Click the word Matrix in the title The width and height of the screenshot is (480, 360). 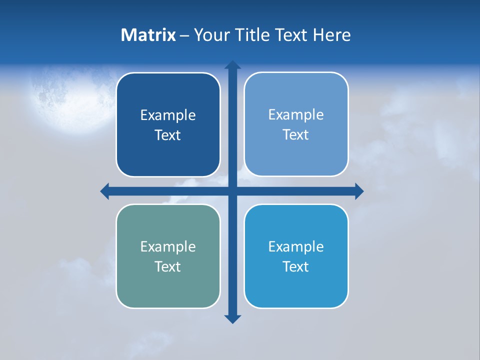pyautogui.click(x=148, y=35)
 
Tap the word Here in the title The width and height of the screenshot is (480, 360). pyautogui.click(x=332, y=35)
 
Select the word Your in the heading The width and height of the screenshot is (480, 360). pyautogui.click(x=210, y=35)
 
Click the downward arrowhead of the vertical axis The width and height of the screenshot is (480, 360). pyautogui.click(x=232, y=318)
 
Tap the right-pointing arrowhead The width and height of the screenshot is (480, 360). pyautogui.click(x=358, y=191)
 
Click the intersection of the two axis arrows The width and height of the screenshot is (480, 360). pyautogui.click(x=232, y=191)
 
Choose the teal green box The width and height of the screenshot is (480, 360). pyautogui.click(x=168, y=285)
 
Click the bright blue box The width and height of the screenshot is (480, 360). pyautogui.click(x=296, y=285)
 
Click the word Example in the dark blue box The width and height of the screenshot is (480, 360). pyautogui.click(x=168, y=115)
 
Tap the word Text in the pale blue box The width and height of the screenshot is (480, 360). pyautogui.click(x=296, y=135)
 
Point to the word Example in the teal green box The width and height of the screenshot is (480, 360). pyautogui.click(x=168, y=247)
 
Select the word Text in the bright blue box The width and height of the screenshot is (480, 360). pyautogui.click(x=296, y=266)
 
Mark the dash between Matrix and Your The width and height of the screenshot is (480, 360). pyautogui.click(x=184, y=35)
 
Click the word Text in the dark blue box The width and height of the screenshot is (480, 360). pyautogui.click(x=168, y=135)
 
